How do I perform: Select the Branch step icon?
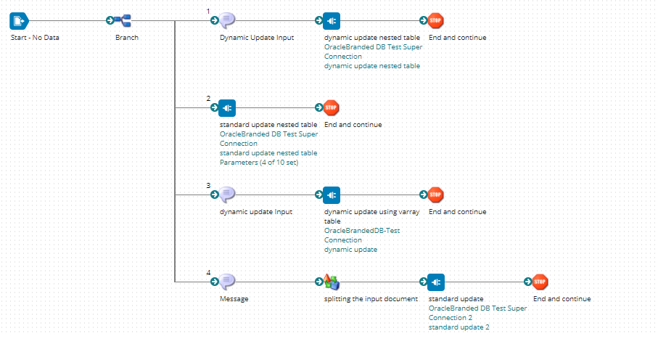click(x=124, y=20)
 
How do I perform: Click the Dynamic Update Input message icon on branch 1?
click(x=228, y=20)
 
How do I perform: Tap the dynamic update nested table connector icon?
click(x=332, y=20)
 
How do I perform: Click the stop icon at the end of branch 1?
click(x=435, y=20)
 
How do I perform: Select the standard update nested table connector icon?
click(x=226, y=107)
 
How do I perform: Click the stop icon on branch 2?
click(x=331, y=107)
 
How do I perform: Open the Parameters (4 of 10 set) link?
click(x=258, y=163)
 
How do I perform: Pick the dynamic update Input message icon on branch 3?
click(x=228, y=195)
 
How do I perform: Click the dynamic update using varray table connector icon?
click(x=332, y=195)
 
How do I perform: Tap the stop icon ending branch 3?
click(x=435, y=195)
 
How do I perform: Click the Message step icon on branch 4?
click(x=228, y=282)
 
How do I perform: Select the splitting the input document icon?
click(x=332, y=282)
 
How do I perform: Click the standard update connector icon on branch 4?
click(x=435, y=282)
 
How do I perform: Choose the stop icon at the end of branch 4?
click(x=540, y=282)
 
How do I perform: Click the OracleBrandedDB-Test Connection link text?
click(x=361, y=235)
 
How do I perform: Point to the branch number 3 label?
click(x=208, y=185)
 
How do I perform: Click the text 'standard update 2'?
click(x=458, y=327)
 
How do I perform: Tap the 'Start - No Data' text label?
click(x=35, y=38)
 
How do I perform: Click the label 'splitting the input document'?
click(x=371, y=299)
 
